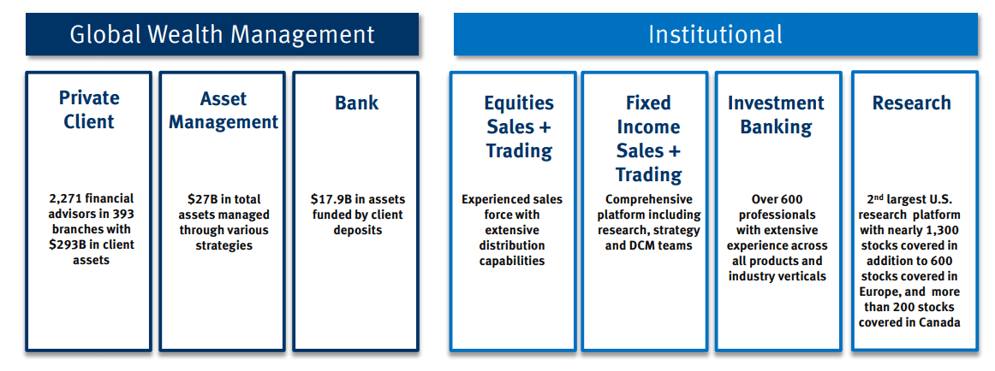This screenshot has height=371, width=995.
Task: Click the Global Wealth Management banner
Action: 222,34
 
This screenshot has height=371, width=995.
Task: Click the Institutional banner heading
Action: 715,34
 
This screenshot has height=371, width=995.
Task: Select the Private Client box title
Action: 88,109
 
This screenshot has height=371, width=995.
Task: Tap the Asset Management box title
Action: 223,110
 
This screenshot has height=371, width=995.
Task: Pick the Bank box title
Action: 356,103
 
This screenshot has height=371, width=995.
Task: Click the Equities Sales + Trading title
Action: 519,127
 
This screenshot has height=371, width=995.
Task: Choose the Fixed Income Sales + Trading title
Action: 648,138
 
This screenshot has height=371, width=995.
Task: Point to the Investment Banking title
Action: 776,115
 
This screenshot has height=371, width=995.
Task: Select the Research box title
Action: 911,103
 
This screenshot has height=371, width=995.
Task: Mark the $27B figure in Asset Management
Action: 201,198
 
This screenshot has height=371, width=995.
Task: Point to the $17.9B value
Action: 331,198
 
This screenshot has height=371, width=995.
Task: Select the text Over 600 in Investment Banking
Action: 776,198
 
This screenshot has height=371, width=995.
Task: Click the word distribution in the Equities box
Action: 512,245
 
